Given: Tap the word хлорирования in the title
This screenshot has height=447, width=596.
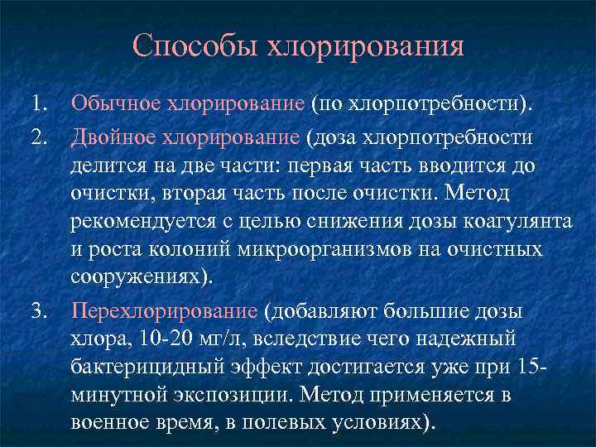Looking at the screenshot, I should click(x=364, y=46).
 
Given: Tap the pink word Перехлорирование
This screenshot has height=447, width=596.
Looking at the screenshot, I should click(x=165, y=311).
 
